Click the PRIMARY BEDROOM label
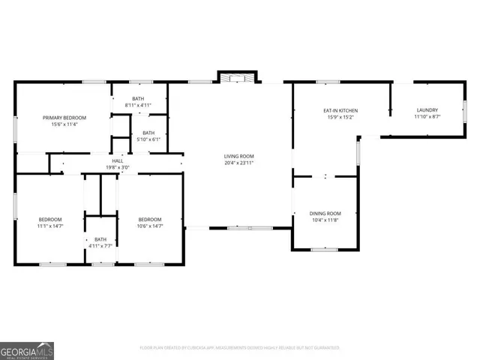coord(64,118)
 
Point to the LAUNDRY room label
coord(427,111)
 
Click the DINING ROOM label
coord(325,214)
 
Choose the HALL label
coord(118,160)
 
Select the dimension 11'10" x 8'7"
coord(427,118)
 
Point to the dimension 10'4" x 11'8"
coord(325,220)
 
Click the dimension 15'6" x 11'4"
coord(64,124)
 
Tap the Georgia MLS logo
coord(27,350)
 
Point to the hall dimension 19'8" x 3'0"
coord(118,167)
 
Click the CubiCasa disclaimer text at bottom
coord(240,347)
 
